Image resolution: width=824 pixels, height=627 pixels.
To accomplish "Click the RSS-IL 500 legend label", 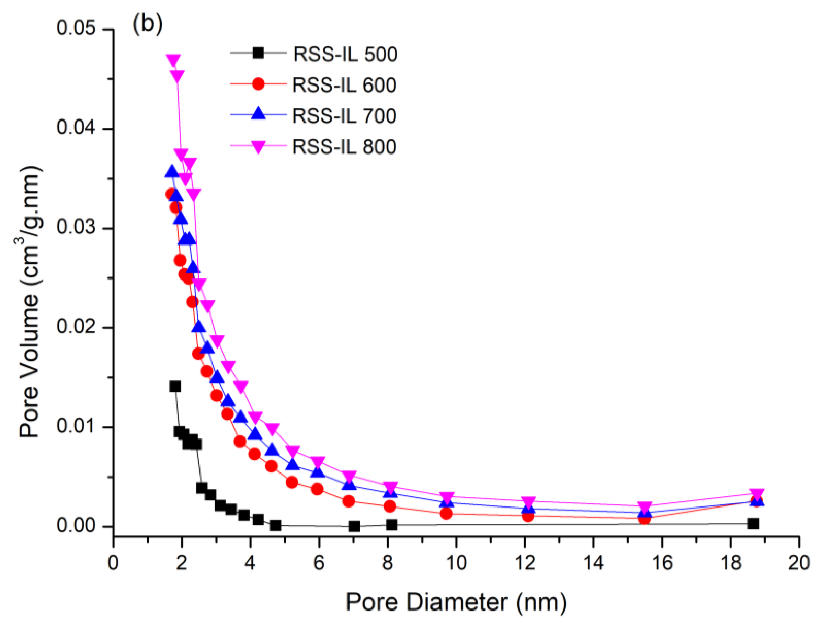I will coord(345,54).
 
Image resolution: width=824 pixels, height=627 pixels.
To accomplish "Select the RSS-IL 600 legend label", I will coord(344,85).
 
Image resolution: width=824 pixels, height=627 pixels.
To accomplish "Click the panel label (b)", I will coord(148,24).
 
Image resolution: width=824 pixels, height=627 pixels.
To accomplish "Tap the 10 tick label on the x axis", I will coord(456,562).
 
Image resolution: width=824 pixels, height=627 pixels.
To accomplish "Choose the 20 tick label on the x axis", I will coord(799,562).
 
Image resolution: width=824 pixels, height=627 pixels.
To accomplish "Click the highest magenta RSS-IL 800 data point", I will coord(173,60).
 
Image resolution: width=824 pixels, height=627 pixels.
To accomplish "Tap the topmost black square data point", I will coord(175,386).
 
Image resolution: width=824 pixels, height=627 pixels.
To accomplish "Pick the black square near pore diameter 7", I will coord(354,527).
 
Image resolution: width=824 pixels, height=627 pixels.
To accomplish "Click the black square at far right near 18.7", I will coord(754,524).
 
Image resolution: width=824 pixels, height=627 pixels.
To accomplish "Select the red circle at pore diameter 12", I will coord(528,516).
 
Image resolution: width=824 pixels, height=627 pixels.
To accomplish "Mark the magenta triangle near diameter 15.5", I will coord(644,507).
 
